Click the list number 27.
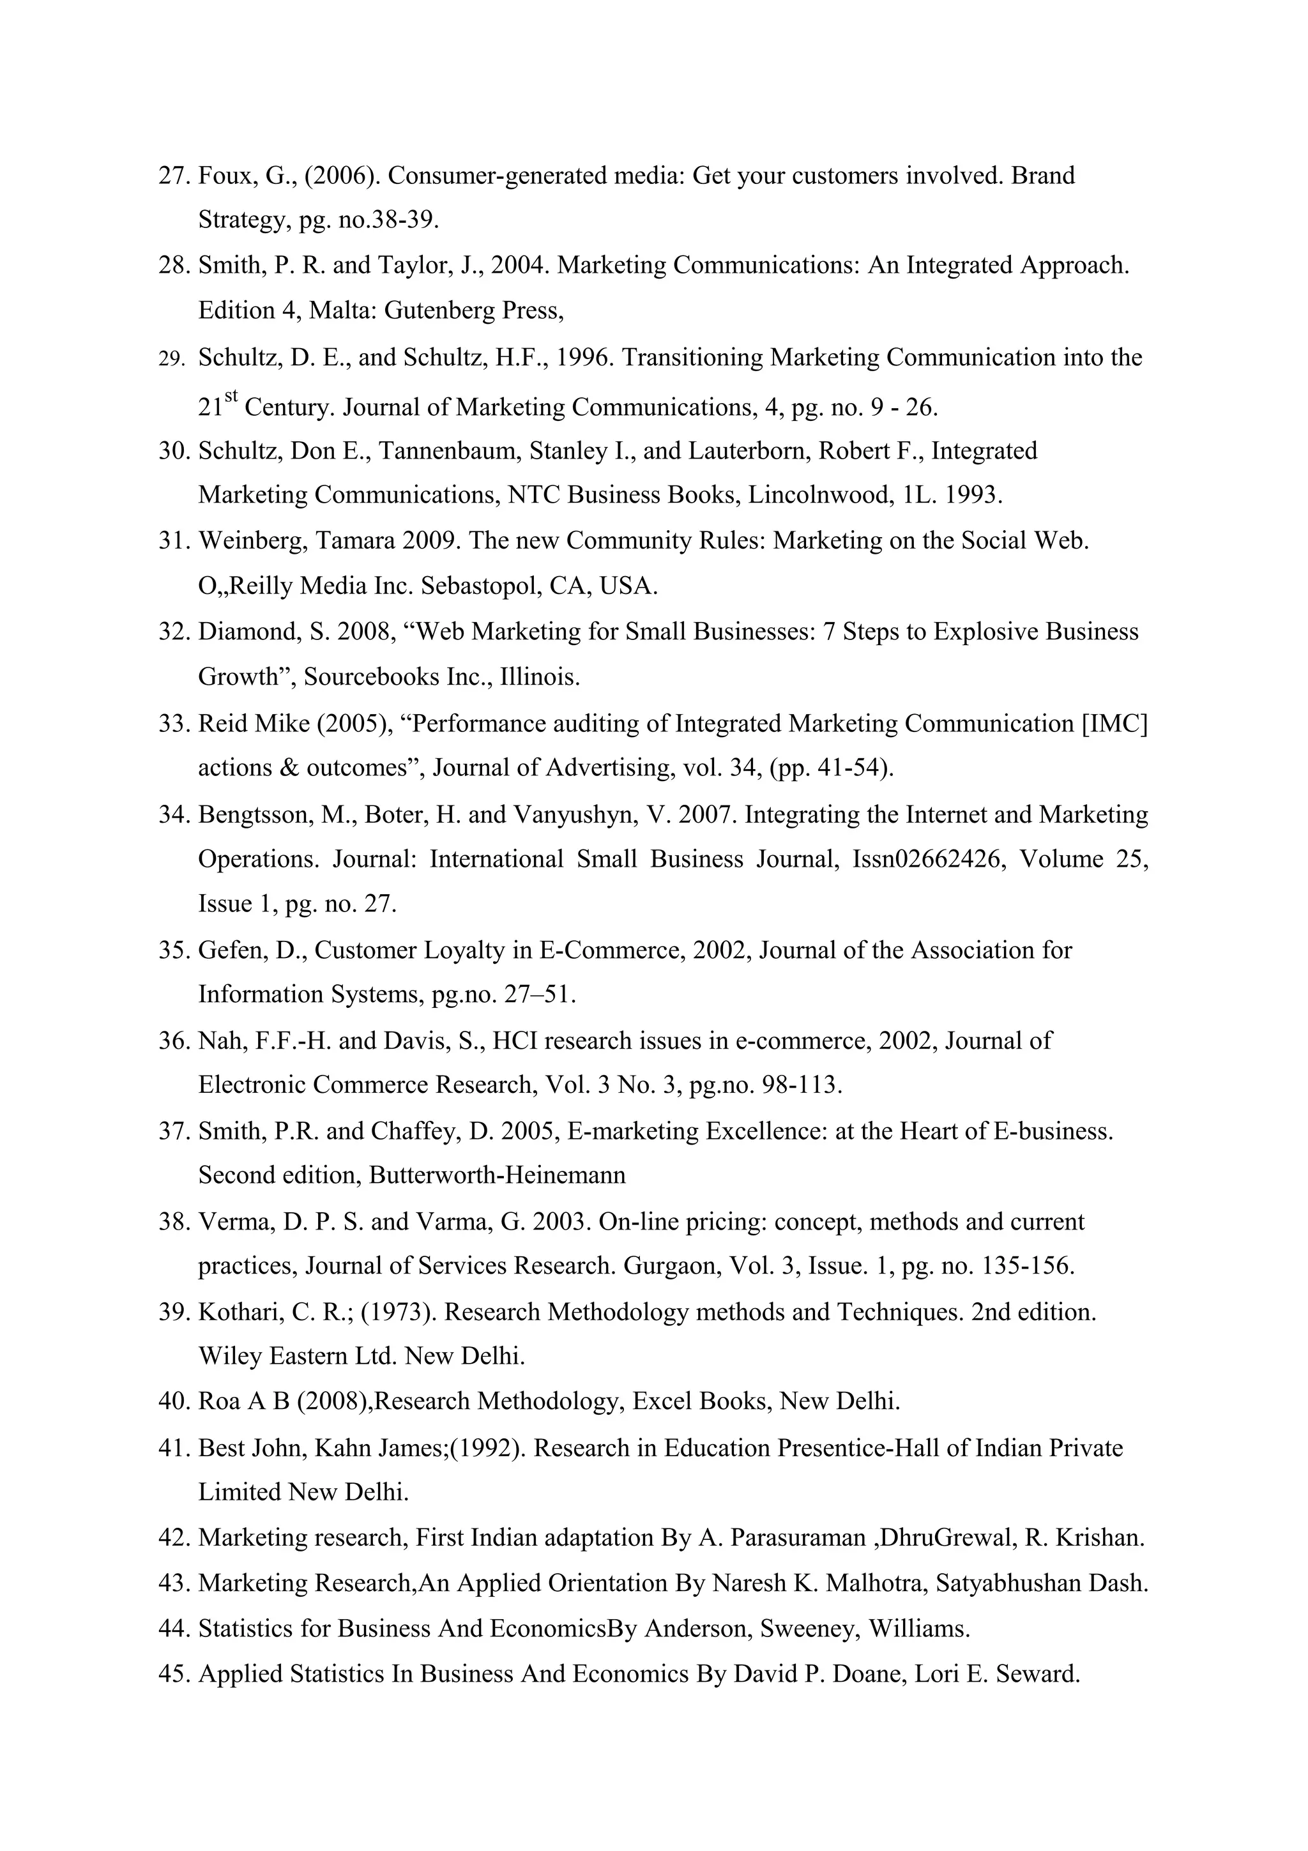(x=173, y=176)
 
